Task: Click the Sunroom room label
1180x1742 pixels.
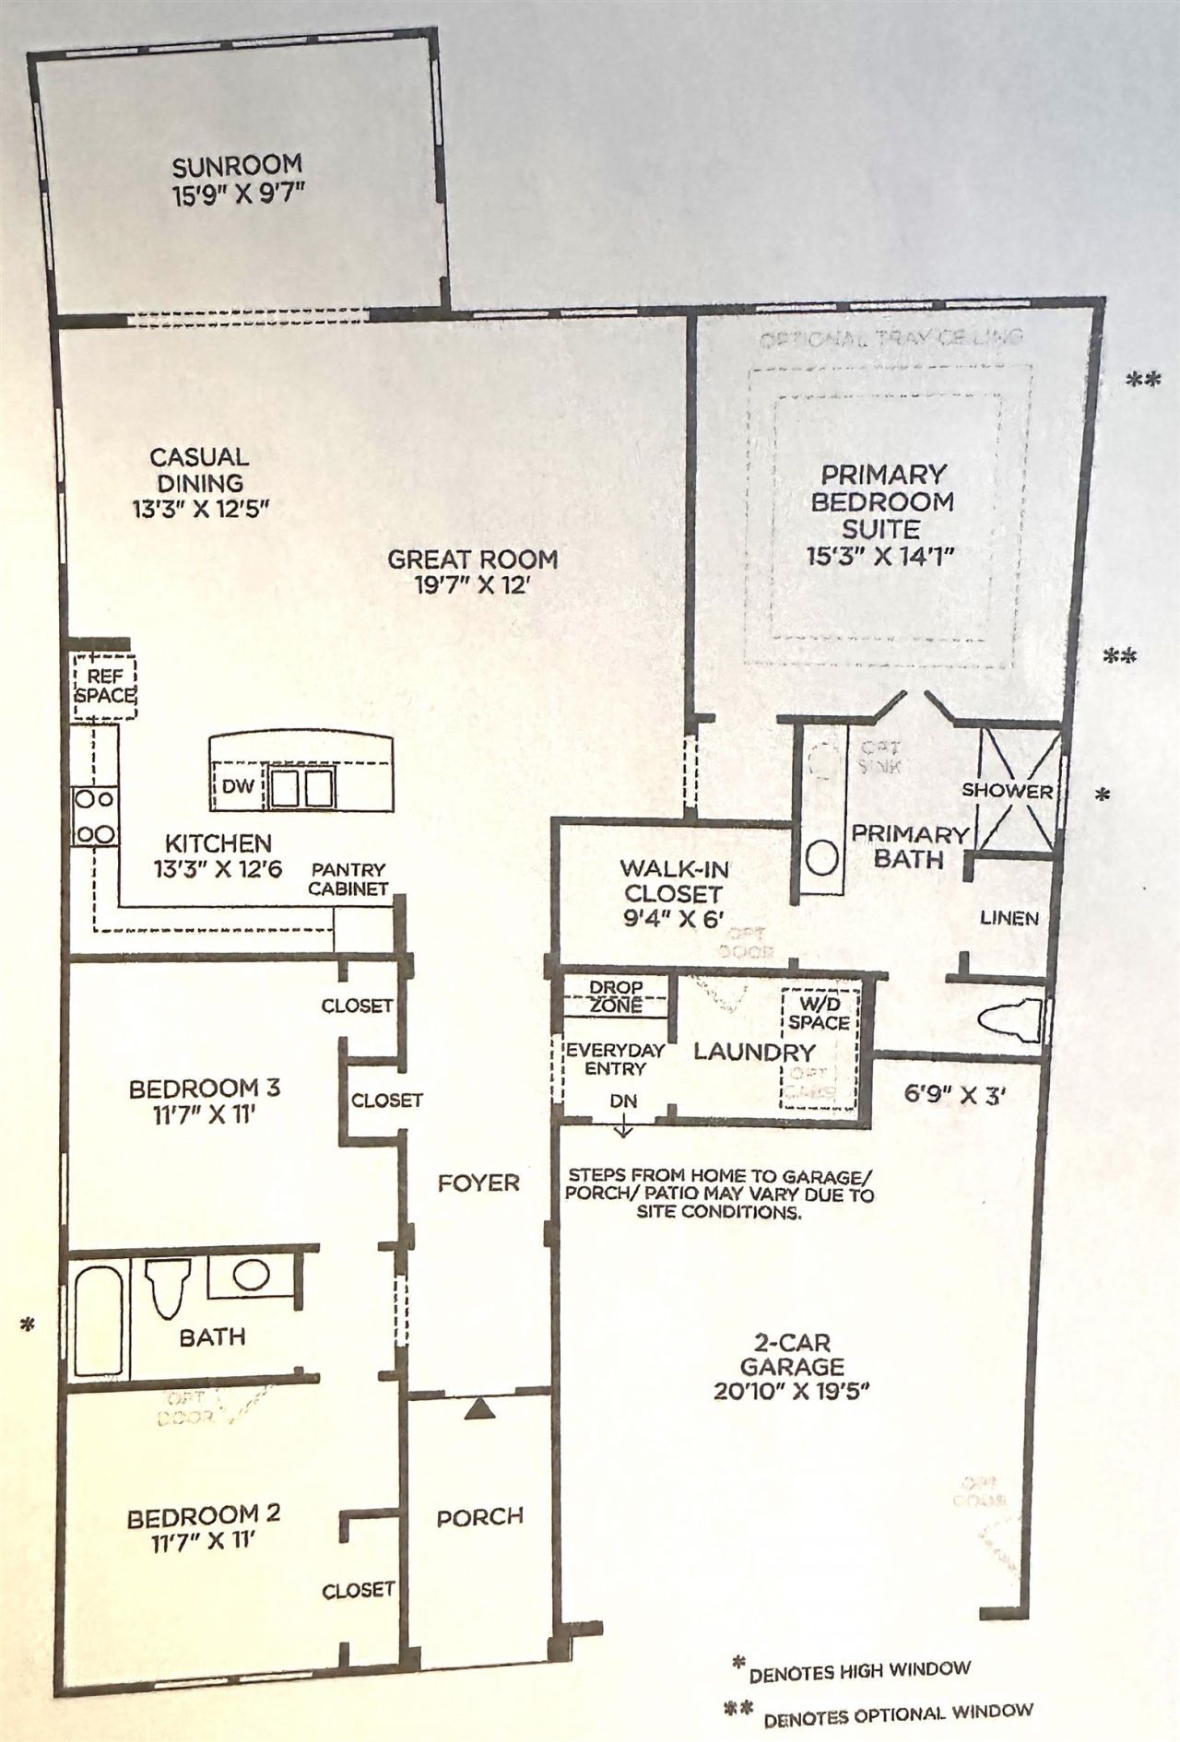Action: [x=237, y=165]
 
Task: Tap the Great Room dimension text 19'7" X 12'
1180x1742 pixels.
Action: [x=471, y=585]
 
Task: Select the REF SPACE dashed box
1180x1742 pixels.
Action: [x=104, y=688]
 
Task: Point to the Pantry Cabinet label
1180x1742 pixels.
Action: [x=348, y=879]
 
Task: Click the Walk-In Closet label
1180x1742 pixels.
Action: [x=672, y=880]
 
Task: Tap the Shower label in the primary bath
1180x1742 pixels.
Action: [x=1007, y=791]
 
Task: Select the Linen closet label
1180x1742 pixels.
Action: [x=1009, y=918]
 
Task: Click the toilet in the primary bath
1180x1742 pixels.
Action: [x=1009, y=1020]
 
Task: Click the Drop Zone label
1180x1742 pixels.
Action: [x=616, y=996]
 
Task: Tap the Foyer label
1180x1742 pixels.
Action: [x=478, y=1183]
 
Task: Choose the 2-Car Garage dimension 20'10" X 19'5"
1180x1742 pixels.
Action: [x=792, y=1391]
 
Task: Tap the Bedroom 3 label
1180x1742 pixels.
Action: [x=205, y=1089]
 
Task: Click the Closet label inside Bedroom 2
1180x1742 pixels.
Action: [x=358, y=1590]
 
